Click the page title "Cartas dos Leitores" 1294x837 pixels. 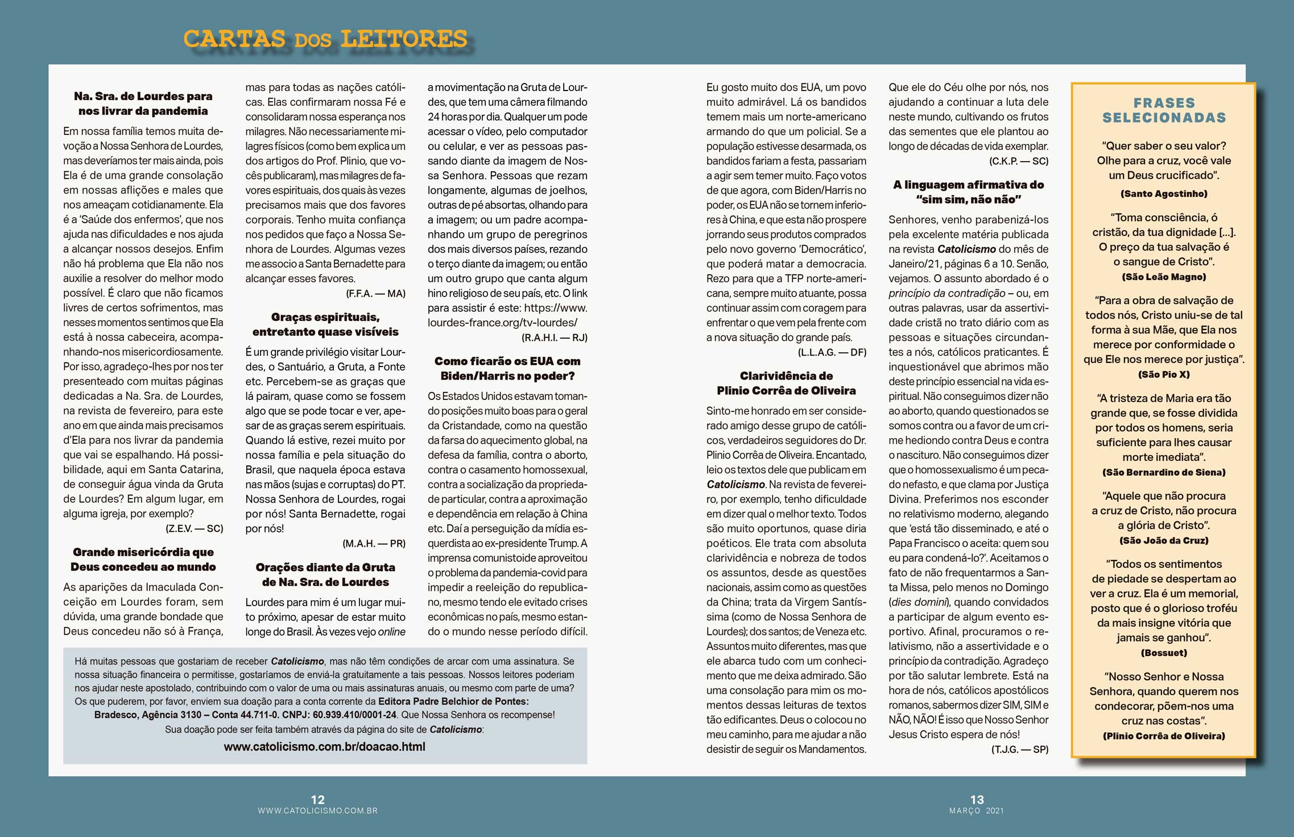325,39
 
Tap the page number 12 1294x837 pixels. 317,799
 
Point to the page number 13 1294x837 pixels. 977,799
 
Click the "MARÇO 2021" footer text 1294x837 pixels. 977,811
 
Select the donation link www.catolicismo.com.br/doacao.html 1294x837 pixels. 324,747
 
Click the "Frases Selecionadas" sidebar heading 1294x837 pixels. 1164,110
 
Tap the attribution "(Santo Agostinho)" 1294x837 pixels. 1164,193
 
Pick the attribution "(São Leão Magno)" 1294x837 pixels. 1164,277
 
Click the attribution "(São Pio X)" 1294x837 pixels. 1164,374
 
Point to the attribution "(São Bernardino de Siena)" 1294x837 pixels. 1164,472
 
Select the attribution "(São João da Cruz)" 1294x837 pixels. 1164,541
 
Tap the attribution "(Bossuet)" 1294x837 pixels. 1164,653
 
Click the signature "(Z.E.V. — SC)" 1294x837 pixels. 194,529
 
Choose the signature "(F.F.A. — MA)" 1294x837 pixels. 375,294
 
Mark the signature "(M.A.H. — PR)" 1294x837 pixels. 374,543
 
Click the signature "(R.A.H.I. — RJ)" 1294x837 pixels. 555,337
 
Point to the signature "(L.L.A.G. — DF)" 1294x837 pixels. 832,352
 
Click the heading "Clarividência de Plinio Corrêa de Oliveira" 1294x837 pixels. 786,383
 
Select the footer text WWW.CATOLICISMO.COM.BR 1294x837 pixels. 317,811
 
